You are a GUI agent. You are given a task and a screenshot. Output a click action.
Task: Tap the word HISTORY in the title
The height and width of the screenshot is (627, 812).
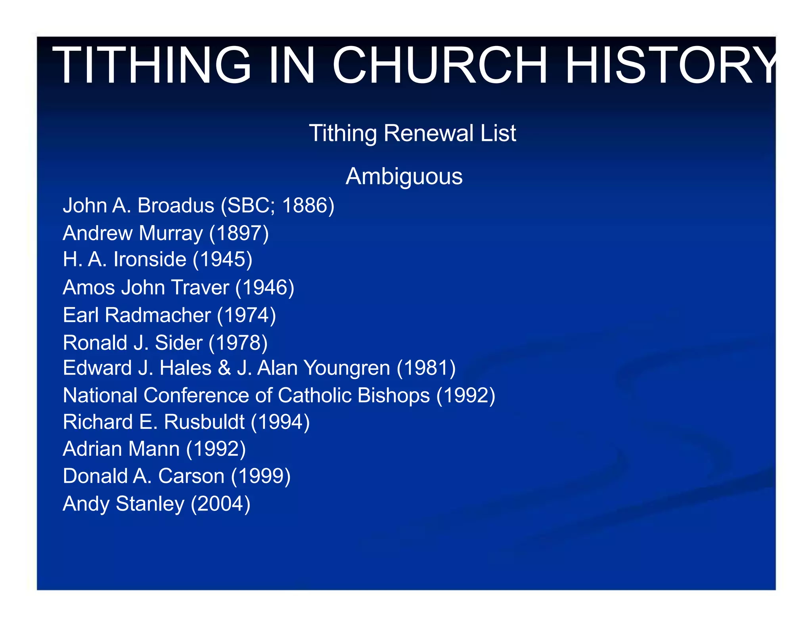click(x=670, y=65)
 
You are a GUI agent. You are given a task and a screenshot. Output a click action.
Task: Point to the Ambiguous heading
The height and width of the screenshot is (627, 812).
click(x=404, y=176)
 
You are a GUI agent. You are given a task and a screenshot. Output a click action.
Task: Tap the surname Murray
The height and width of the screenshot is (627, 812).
click(x=170, y=233)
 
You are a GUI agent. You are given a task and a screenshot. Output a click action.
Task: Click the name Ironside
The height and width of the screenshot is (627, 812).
click(x=149, y=260)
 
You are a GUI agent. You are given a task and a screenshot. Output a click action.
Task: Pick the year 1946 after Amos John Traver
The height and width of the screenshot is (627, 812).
click(x=264, y=287)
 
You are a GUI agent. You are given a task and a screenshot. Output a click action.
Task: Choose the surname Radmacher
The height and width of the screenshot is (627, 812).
click(x=158, y=315)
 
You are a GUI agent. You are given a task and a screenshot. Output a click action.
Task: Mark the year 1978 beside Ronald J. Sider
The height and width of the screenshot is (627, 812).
click(x=238, y=343)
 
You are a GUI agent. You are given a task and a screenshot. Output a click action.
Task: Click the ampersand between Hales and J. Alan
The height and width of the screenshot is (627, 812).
click(x=224, y=368)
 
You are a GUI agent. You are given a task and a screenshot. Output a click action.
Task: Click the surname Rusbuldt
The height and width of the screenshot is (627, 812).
click(x=204, y=422)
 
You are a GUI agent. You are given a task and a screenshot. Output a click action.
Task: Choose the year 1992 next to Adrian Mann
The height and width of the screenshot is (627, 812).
click(x=216, y=449)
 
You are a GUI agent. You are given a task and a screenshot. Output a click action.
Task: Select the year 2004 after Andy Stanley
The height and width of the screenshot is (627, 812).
click(x=220, y=504)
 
